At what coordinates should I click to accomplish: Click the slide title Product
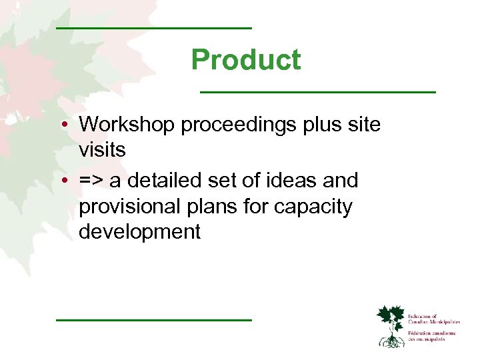tap(245, 60)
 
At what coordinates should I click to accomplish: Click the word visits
tap(102, 151)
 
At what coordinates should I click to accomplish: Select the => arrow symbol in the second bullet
tap(90, 181)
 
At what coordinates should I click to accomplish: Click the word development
tap(139, 232)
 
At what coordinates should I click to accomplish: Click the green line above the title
tap(154, 28)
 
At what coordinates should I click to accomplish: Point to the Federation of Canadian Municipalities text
tap(433, 319)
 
